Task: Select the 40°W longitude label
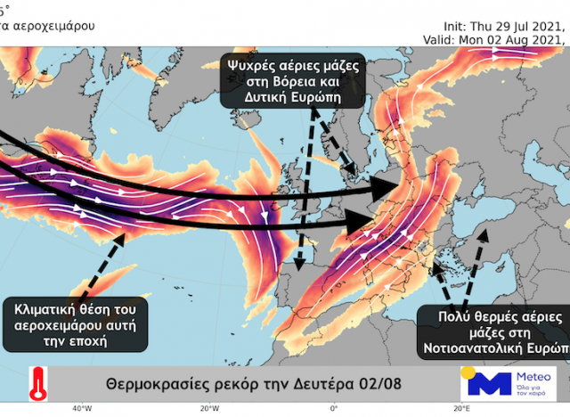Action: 82,408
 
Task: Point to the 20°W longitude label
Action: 210,408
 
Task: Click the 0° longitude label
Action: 333,408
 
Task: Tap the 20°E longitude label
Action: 460,408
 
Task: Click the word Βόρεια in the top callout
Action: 300,81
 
